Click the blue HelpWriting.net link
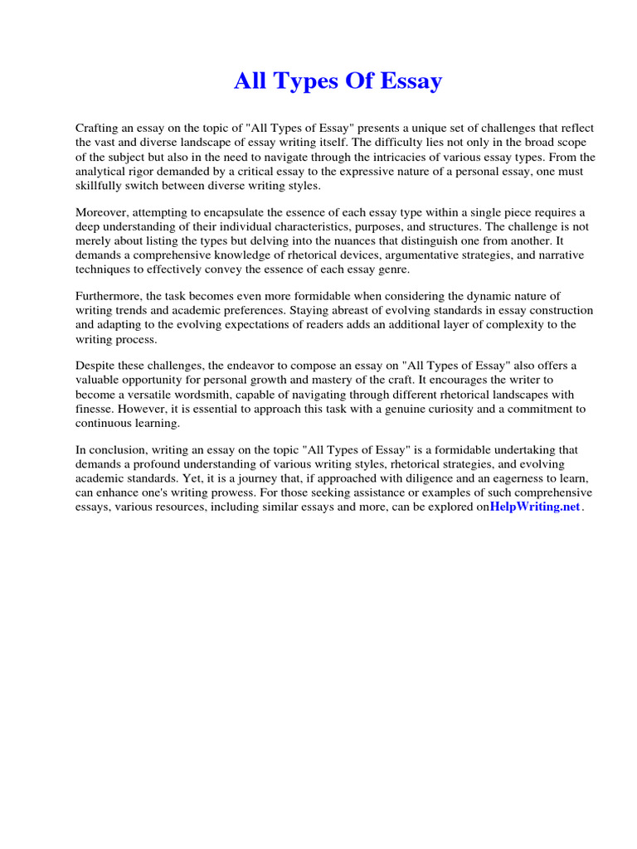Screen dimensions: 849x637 tap(535, 507)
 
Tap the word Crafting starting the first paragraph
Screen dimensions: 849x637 tap(99, 129)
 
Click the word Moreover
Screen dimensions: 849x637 tap(103, 211)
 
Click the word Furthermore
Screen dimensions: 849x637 tap(109, 296)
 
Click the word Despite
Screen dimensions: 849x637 tap(96, 366)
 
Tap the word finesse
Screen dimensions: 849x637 tap(94, 409)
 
